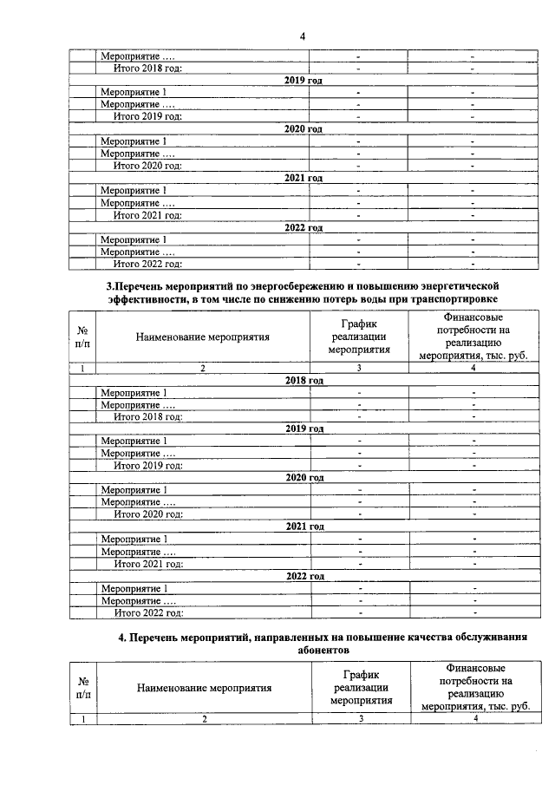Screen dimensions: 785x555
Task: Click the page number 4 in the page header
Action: [x=303, y=36]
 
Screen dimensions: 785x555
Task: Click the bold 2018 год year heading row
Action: [x=304, y=380]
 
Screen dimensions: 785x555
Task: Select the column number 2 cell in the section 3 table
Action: [x=203, y=369]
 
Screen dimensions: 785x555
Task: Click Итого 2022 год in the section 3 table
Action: [x=148, y=613]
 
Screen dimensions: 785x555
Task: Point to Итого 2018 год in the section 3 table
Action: [x=148, y=416]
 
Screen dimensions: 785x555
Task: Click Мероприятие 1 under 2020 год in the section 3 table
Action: [x=134, y=490]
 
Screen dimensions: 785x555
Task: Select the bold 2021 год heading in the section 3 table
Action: [x=304, y=527]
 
